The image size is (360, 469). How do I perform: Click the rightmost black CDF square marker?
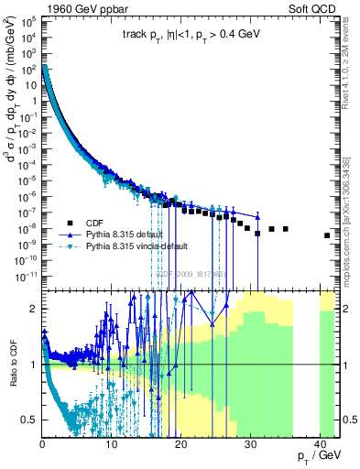click(x=327, y=235)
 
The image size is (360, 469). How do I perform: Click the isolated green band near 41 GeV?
click(x=327, y=366)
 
